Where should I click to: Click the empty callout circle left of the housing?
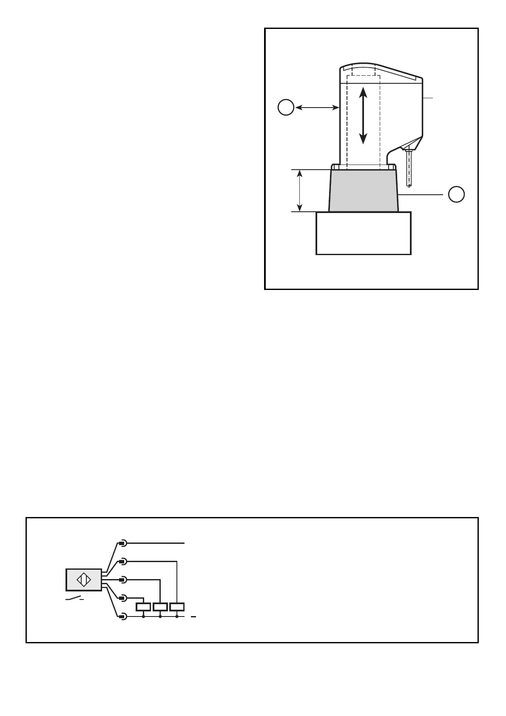286,108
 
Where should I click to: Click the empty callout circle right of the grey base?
456,194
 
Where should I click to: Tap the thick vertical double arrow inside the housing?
363,115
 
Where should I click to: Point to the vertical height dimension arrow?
300,190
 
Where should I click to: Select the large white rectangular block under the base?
364,233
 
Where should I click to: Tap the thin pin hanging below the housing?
409,168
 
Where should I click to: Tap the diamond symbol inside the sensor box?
84,580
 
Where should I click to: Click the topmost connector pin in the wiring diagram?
122,543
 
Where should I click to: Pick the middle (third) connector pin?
122,580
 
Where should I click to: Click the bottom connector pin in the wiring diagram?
122,616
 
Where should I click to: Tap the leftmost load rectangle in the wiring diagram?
143,607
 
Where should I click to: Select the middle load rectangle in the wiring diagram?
160,607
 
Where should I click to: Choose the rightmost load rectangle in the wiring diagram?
176,607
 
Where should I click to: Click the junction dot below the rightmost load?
176,616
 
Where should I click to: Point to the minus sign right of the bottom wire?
193,616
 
